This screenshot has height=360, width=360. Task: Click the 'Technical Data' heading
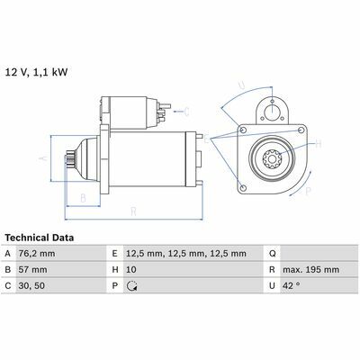pos(40,238)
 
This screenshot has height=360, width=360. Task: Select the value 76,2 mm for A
pos(37,254)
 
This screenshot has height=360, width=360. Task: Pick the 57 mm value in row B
pos(32,270)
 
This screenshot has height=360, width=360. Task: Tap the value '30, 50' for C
pos(31,286)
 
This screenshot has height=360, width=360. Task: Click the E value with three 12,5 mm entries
pos(186,254)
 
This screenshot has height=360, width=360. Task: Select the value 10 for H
pos(131,270)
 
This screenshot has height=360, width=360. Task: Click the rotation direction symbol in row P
pos(131,286)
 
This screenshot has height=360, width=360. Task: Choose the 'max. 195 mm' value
pos(311,270)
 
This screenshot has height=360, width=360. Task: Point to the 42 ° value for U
pos(291,285)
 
